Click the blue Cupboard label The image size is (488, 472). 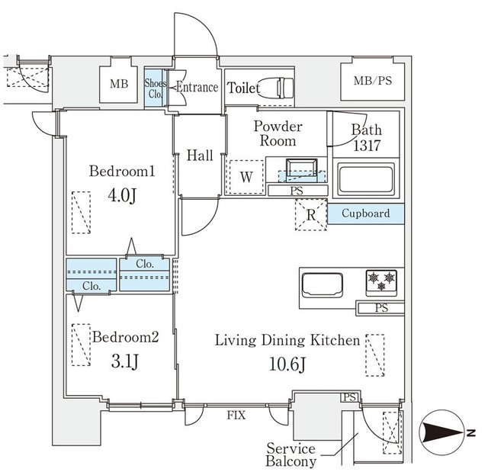coord(366,214)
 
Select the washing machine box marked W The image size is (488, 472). coord(246,177)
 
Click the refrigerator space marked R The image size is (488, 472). coord(310,214)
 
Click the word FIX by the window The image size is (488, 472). coord(236,416)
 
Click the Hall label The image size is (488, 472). coord(200,156)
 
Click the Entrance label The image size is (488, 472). coord(197,88)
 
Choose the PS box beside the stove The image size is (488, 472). coord(380,307)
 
